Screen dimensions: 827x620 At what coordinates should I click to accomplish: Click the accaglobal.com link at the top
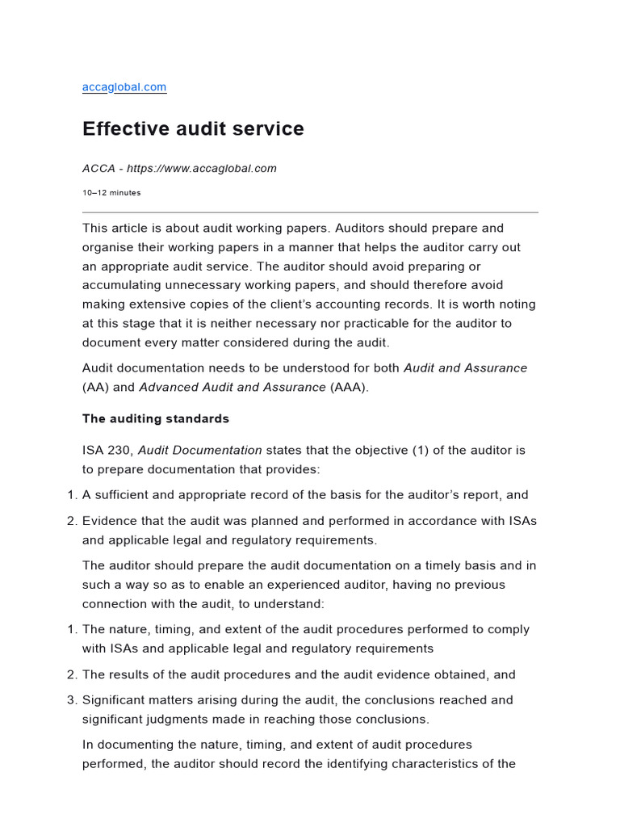[x=124, y=87]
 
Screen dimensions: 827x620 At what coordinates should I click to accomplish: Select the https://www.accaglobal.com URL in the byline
[x=213, y=169]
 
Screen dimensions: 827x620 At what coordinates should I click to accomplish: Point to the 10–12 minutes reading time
[x=111, y=193]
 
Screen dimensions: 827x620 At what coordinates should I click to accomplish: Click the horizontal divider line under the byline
[x=310, y=212]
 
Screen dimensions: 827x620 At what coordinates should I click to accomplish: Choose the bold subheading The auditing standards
[x=156, y=419]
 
